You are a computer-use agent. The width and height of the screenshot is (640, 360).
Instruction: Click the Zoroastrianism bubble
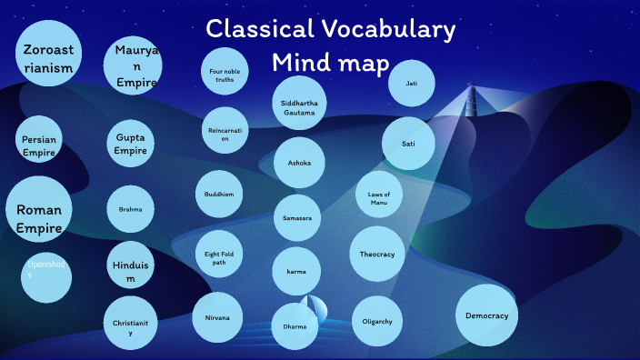tap(46, 54)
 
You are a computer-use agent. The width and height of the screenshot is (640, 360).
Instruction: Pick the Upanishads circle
tap(46, 276)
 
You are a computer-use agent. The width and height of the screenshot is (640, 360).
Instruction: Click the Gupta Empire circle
tap(130, 144)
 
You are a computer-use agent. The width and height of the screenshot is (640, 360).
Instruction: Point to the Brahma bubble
tap(130, 209)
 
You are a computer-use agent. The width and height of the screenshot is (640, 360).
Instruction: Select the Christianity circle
tap(130, 323)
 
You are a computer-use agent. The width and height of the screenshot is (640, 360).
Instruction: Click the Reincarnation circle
tap(224, 132)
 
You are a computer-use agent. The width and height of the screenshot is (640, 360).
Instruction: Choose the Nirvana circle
tap(217, 317)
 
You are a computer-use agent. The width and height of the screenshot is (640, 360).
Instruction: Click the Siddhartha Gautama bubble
tap(299, 103)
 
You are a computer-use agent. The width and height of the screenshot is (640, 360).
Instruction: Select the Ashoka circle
tap(299, 163)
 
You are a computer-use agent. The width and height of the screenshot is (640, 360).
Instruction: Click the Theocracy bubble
tap(376, 254)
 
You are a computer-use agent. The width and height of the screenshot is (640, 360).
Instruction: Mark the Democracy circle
tap(486, 315)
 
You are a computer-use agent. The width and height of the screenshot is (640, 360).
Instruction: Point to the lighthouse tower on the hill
tap(470, 97)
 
